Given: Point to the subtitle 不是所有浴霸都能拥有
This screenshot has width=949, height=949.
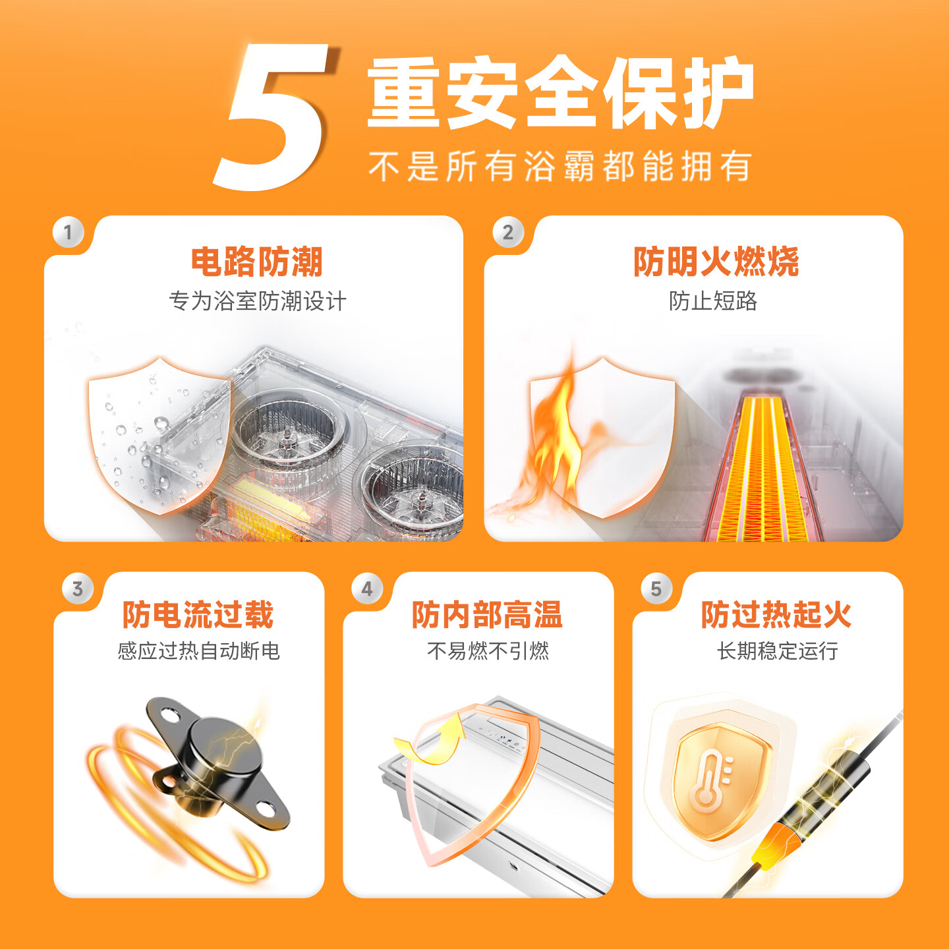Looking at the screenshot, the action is coord(560,166).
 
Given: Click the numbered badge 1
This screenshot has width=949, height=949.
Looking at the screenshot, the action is coord(68,232).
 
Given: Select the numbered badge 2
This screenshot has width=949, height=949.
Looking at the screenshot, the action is coord(507,232).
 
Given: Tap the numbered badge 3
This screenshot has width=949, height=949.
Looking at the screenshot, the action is coord(78,589).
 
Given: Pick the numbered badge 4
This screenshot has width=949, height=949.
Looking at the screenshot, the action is coord(367,589).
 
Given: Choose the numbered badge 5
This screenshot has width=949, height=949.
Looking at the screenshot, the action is coord(656,589).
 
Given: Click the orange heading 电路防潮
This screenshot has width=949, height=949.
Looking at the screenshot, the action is coord(256,262).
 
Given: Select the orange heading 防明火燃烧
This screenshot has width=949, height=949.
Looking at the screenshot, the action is coord(716,262).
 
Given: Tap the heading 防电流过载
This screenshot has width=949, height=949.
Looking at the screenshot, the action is coord(198,614).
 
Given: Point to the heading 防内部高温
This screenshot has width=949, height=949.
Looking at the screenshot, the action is coord(487,614).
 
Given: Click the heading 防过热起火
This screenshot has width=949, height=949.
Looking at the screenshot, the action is coord(776,614).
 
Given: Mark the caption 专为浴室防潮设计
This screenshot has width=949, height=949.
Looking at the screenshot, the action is coord(258,301).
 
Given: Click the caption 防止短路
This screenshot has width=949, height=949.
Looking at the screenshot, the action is coord(712,301).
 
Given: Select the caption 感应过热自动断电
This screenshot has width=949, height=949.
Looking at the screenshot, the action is coord(198,650).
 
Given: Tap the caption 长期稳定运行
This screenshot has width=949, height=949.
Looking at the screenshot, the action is coord(777,650).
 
